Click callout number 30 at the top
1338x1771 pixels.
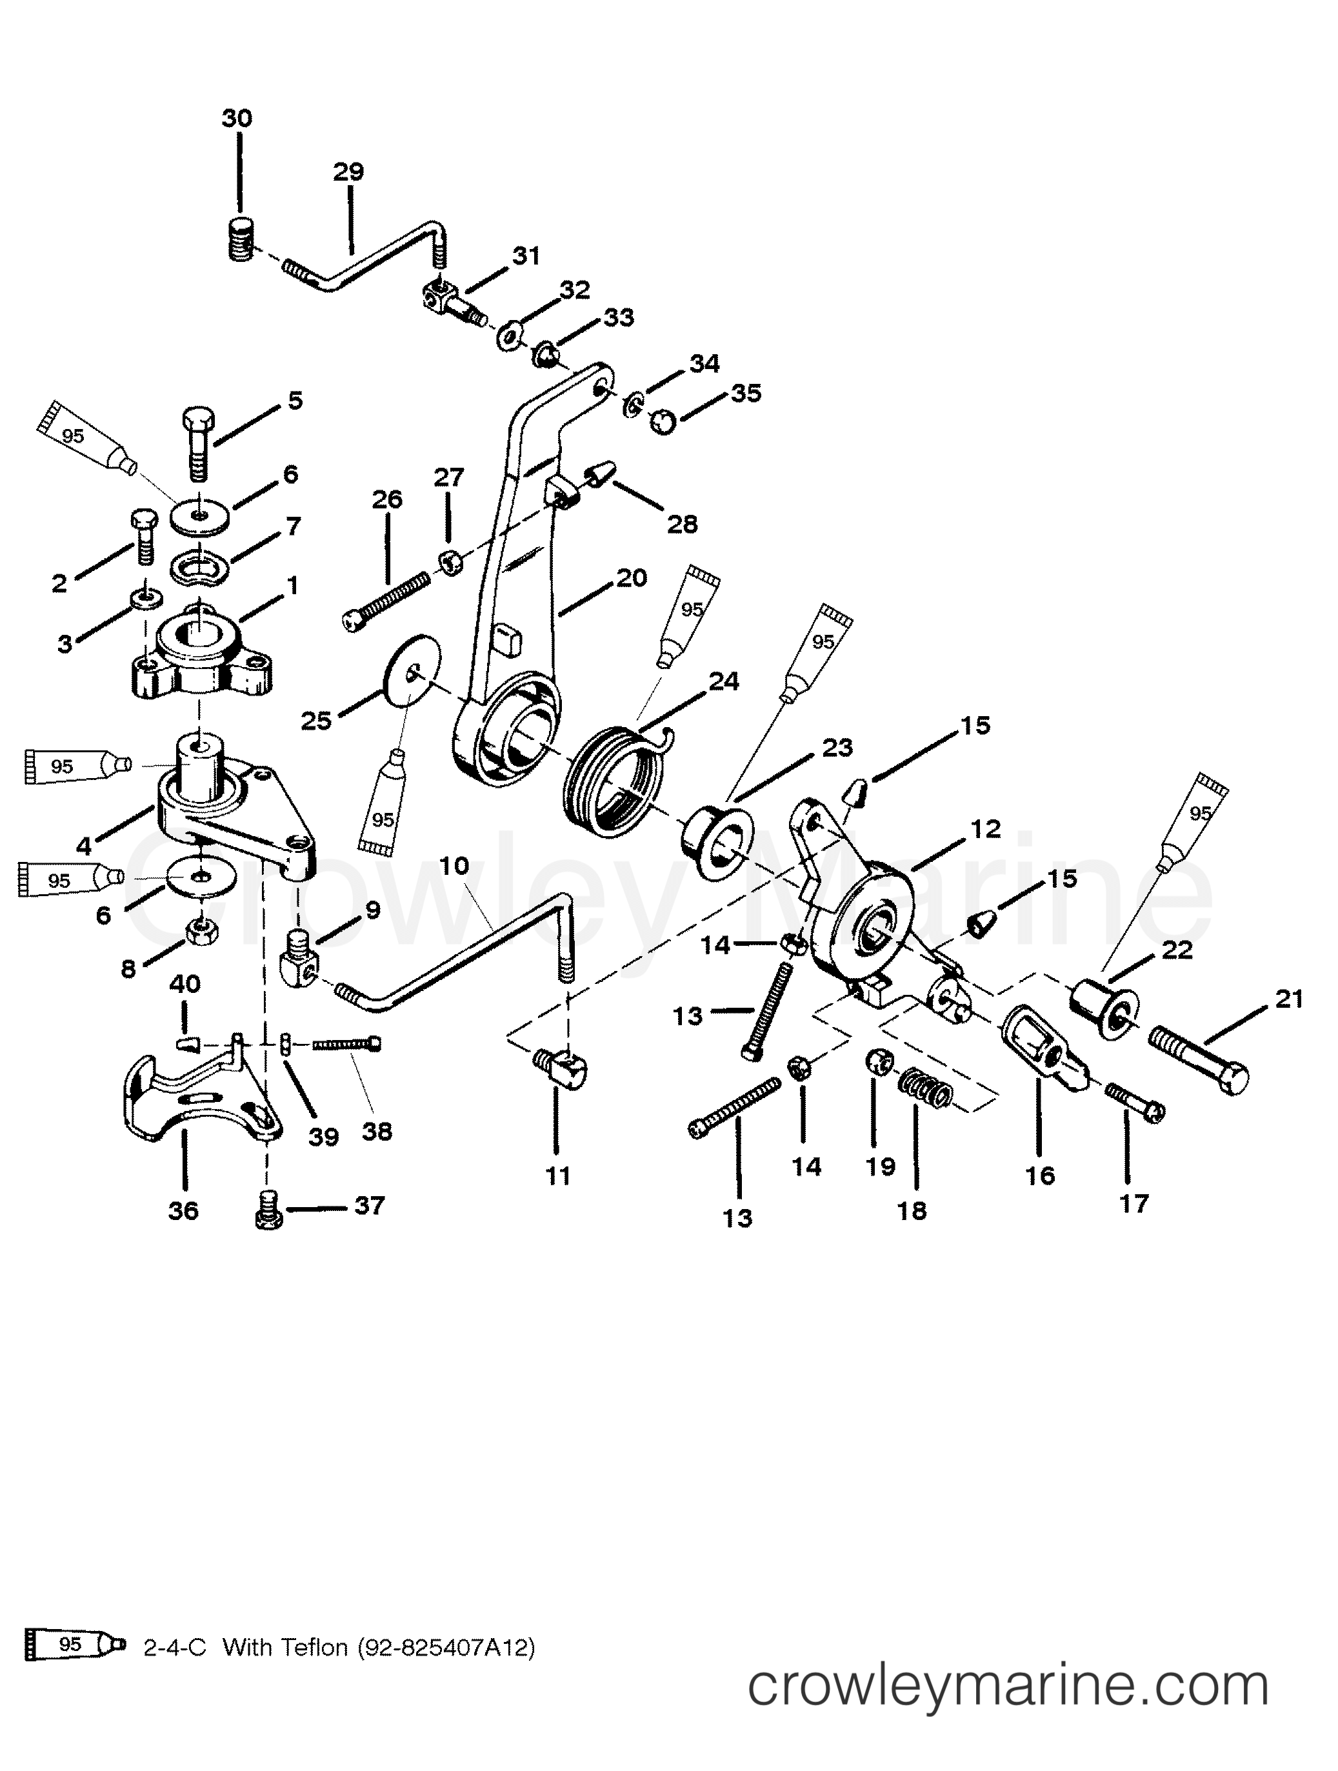(x=237, y=119)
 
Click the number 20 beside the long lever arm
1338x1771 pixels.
(x=631, y=577)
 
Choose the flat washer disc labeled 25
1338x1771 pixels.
(x=412, y=671)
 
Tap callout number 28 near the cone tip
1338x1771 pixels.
(x=682, y=525)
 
